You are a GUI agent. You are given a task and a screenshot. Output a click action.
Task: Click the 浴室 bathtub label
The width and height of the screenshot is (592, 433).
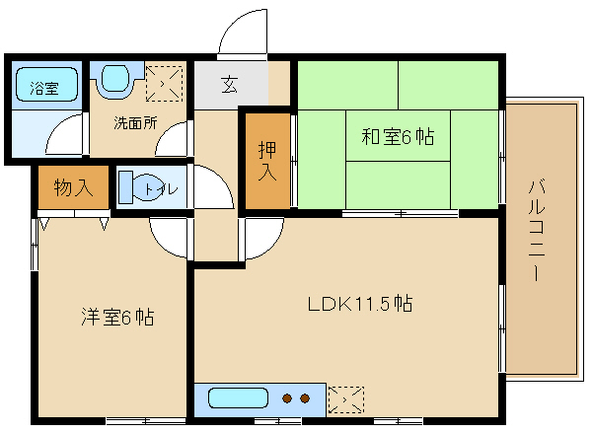(x=44, y=89)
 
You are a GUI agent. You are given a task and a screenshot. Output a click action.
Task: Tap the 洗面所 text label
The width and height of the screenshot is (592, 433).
(x=135, y=123)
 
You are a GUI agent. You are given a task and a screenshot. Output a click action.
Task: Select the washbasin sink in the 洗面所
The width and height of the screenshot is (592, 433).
(x=114, y=78)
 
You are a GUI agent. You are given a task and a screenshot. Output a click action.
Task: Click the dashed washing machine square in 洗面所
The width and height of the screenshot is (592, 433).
(x=164, y=84)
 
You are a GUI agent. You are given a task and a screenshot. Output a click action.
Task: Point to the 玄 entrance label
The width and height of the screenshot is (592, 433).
(x=229, y=84)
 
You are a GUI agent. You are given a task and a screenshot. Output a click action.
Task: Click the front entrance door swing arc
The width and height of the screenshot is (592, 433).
(x=233, y=22)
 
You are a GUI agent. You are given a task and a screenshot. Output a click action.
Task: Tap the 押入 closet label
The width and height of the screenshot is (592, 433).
(x=267, y=161)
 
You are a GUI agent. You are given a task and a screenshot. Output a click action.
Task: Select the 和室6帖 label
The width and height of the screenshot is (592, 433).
(x=398, y=136)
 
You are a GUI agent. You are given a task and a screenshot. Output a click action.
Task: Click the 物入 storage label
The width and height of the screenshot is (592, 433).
(x=73, y=187)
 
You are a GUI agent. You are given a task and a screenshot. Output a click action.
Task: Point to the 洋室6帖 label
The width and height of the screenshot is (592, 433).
(x=117, y=317)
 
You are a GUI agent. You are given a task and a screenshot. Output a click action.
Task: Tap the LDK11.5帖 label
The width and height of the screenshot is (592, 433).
(x=360, y=304)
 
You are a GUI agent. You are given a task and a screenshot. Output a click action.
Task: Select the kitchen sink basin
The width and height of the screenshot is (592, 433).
(x=238, y=397)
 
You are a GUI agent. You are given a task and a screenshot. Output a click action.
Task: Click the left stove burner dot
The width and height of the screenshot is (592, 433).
(x=287, y=398)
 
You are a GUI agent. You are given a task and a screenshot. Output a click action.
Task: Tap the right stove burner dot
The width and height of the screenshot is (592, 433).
(x=305, y=398)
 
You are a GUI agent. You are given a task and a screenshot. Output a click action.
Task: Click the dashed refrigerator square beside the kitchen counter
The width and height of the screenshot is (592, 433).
(x=346, y=399)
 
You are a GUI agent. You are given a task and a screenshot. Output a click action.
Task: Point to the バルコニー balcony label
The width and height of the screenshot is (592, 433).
(x=537, y=231)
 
